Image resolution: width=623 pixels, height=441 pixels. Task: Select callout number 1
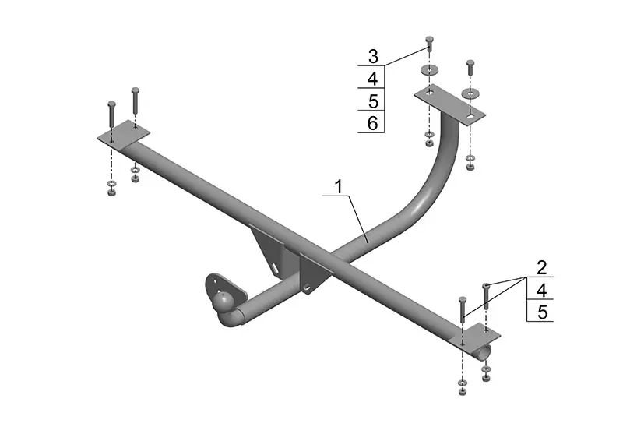coord(339,186)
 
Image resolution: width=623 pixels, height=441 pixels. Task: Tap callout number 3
coord(373,56)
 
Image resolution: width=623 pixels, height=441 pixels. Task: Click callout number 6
coord(373,123)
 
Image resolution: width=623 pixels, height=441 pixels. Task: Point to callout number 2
coord(541,268)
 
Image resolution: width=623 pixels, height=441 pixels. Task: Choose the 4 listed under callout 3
coord(373,79)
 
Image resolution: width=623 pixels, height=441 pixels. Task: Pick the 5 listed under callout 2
coord(542,312)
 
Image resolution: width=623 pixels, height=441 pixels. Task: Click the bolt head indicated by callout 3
coord(429,40)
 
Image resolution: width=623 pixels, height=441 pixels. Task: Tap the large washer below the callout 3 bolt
coord(429,70)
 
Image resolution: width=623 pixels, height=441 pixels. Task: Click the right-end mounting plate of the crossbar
coord(474,336)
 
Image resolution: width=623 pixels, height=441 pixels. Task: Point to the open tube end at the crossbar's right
coord(485,352)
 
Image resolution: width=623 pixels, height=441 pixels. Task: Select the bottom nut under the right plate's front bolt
coord(463,391)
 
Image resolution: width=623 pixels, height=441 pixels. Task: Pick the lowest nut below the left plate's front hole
coord(111,192)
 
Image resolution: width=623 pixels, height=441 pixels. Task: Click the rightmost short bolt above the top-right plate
coord(470,68)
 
